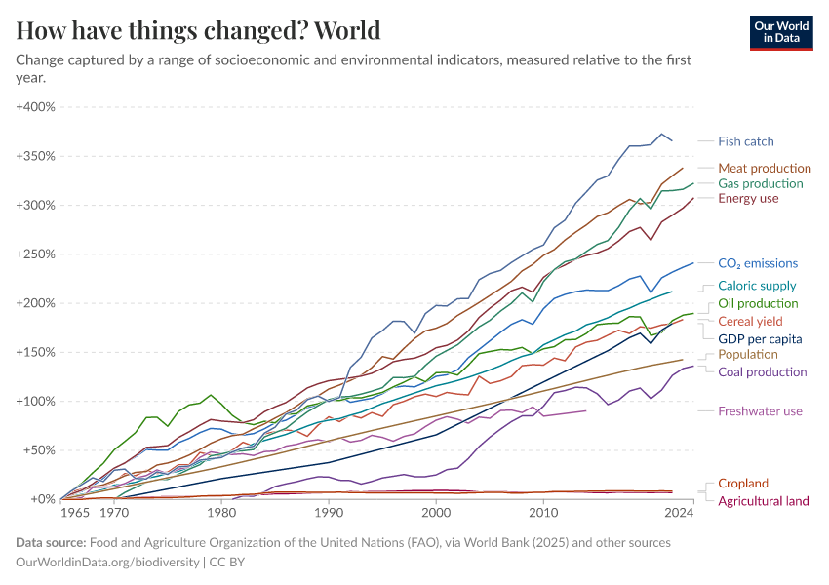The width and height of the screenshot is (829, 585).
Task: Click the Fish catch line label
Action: (745, 141)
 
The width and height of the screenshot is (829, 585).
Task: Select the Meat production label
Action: (765, 168)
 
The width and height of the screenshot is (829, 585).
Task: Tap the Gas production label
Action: (761, 183)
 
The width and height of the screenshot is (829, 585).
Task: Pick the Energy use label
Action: (748, 199)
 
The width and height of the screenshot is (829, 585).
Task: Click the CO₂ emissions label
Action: (758, 263)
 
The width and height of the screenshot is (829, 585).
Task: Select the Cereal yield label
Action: (750, 321)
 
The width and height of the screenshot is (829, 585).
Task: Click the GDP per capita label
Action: (760, 338)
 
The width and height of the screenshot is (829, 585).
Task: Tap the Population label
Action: (748, 354)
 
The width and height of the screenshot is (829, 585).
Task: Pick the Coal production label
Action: (763, 371)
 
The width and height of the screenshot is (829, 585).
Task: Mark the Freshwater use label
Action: (760, 411)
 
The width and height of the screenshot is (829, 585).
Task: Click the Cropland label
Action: (743, 483)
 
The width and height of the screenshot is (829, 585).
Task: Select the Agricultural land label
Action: (763, 501)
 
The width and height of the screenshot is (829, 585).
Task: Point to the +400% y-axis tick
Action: (37, 106)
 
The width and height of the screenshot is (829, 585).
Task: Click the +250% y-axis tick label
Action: (37, 253)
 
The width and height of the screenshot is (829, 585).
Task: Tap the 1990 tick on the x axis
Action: (329, 512)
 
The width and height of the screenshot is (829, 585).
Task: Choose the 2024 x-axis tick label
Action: (677, 512)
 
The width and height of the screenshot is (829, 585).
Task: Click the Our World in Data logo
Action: (780, 32)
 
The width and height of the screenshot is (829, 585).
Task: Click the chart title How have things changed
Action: (198, 30)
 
